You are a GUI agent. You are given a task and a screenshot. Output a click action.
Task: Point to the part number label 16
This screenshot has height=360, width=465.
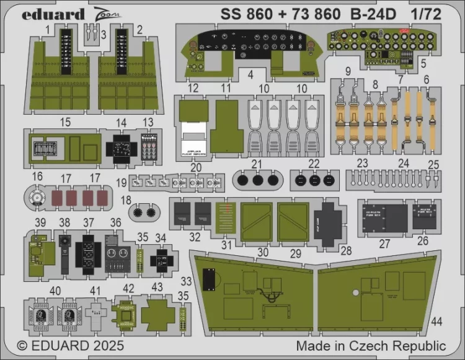point(37,177)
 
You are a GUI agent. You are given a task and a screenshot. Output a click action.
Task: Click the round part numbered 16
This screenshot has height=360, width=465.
point(38,198)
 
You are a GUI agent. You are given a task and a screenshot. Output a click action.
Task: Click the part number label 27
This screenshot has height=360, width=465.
point(384,244)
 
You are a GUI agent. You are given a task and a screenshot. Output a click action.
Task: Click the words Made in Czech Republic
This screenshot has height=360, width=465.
point(371,345)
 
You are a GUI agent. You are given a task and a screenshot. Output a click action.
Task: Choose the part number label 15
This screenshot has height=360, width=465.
point(65,123)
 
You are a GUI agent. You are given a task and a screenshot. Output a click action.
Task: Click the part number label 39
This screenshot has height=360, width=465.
point(40,222)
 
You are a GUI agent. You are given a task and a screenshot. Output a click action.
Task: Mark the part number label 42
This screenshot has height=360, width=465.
point(128,288)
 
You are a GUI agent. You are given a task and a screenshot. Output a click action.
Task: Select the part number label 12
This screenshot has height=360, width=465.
point(193,88)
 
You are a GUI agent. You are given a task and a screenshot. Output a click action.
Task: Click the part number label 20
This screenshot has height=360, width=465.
point(197,168)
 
